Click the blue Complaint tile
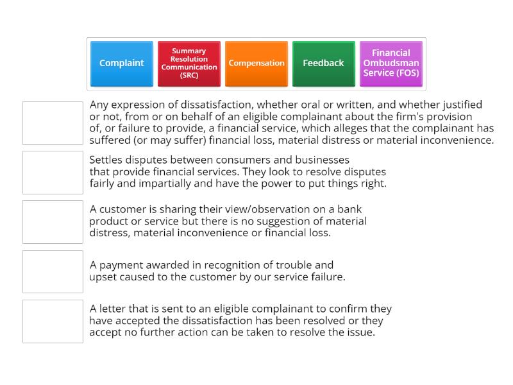(122, 64)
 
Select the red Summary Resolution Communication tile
(189, 64)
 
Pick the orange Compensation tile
(256, 64)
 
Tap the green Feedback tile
(323, 64)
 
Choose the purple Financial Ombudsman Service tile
(391, 64)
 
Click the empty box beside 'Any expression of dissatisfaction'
(53, 123)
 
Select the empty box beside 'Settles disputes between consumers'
(53, 172)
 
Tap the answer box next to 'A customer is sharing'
(53, 221)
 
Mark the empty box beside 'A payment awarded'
(53, 271)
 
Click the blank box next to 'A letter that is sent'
(53, 321)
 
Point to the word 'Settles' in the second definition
(106, 159)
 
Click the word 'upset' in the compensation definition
(103, 277)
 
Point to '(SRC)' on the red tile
(189, 75)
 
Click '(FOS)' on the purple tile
(408, 73)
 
